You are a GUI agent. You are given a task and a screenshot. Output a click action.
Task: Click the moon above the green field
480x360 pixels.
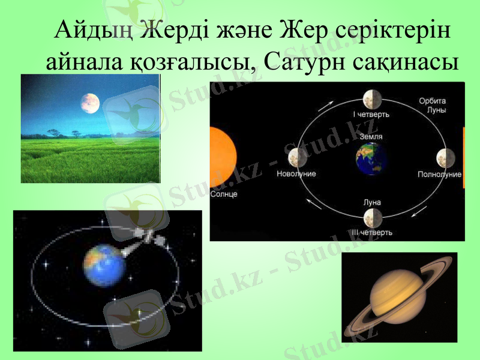tap(90, 103)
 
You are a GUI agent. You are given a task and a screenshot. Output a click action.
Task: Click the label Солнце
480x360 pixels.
tap(225, 194)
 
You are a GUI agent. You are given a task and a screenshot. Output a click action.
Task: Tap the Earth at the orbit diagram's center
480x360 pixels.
tap(371, 159)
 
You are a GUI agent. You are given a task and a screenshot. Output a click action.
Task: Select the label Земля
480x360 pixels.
tap(371, 137)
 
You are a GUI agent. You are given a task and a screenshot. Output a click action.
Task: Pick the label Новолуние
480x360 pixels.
tap(296, 174)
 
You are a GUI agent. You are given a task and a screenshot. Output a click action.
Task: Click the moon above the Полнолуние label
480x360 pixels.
tap(445, 158)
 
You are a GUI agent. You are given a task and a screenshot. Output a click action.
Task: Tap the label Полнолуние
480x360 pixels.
tap(439, 175)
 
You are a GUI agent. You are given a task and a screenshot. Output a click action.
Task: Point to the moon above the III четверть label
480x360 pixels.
tap(372, 218)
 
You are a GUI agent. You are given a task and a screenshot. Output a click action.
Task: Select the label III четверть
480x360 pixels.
tap(372, 232)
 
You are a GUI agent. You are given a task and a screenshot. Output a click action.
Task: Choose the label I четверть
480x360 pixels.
tap(371, 113)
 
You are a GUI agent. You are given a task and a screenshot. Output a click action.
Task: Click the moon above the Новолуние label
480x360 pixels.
tap(296, 158)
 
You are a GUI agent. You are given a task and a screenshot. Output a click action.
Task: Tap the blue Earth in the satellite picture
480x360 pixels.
tap(104, 265)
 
